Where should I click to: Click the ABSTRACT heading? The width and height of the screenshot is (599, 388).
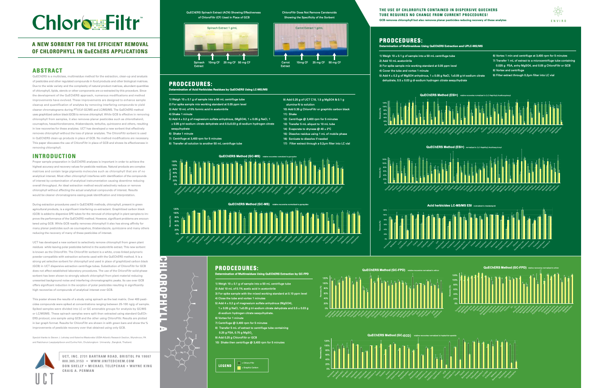point(47,71)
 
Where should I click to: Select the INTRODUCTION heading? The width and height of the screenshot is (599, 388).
point(54,156)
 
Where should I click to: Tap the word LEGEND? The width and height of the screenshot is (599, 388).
point(224,365)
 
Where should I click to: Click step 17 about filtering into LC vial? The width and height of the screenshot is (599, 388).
point(316,143)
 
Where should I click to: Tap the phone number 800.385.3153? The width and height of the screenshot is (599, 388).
point(74,361)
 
